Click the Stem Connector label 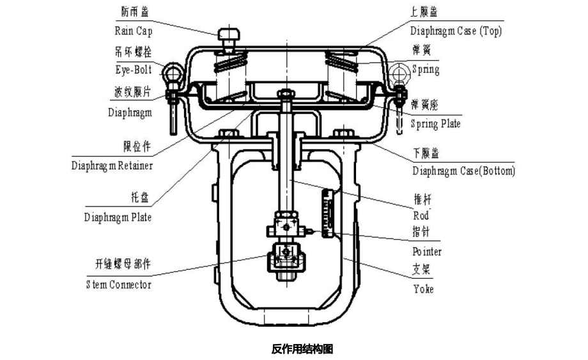click(118, 284)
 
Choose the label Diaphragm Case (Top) click(456, 31)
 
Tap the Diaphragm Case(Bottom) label click(463, 171)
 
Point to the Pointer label click(426, 251)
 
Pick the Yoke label click(422, 289)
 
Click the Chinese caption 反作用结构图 click(302, 348)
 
